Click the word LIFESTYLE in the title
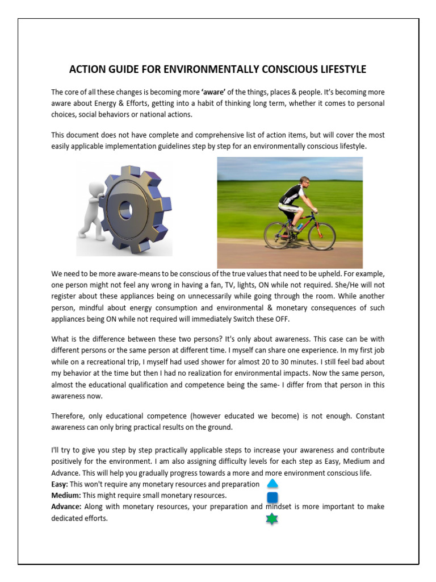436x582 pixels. point(338,69)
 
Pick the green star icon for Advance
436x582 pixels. point(272,519)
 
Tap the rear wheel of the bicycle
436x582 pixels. point(278,235)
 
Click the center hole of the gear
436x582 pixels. point(125,211)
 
